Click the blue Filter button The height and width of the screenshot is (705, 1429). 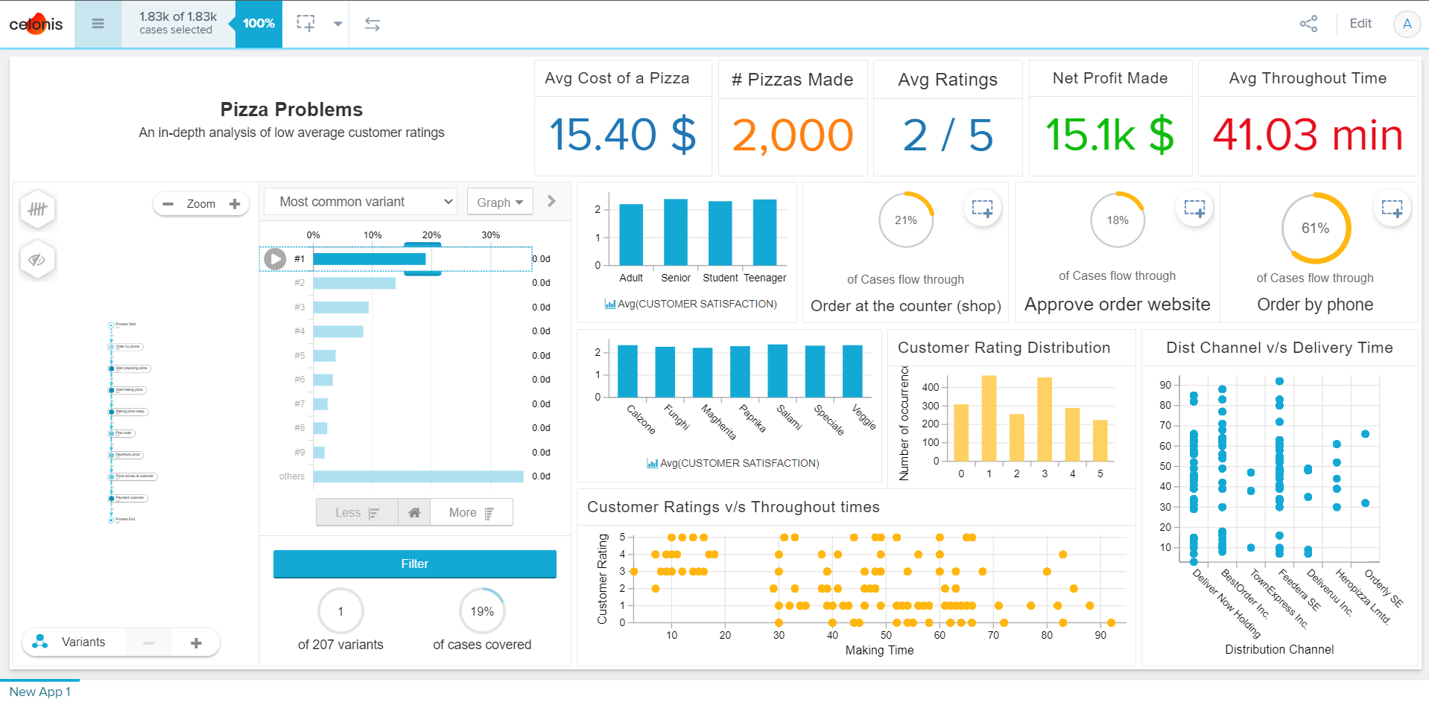pos(414,564)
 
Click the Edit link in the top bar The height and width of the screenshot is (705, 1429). pos(1360,24)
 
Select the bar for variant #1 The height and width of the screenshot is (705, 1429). pos(369,259)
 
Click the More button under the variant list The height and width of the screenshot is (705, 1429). pos(471,512)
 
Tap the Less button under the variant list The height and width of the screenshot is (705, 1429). pos(357,512)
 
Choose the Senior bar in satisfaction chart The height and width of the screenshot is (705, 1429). pos(675,232)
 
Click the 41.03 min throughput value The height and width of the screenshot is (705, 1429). pos(1308,135)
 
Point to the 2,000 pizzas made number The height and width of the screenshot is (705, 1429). pos(792,135)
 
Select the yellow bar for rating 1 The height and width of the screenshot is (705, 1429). pos(989,418)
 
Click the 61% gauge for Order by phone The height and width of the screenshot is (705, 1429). pos(1315,229)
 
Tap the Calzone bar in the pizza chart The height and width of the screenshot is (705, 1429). pos(627,371)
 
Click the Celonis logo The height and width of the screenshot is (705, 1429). pos(36,24)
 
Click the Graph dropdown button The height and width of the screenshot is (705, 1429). pos(500,202)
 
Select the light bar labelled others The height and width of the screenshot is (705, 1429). pos(418,476)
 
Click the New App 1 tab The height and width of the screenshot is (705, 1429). pos(39,692)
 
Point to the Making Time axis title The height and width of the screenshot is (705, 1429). pos(879,650)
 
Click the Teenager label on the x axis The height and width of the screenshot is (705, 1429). pos(764,278)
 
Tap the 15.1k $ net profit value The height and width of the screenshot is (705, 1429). pos(1109,135)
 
